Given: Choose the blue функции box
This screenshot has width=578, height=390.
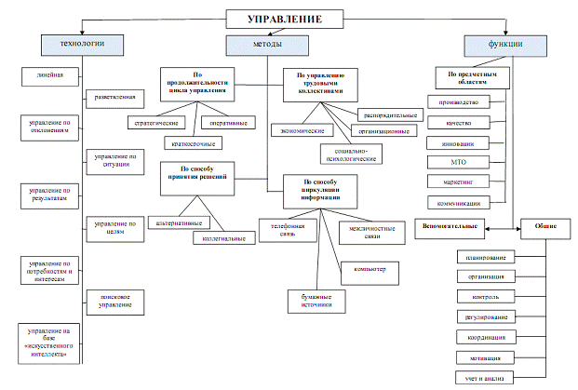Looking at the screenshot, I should pyautogui.click(x=504, y=44).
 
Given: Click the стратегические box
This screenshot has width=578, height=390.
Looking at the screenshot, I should pyautogui.click(x=154, y=121).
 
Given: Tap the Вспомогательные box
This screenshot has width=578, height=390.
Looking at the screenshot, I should pyautogui.click(x=452, y=226).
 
